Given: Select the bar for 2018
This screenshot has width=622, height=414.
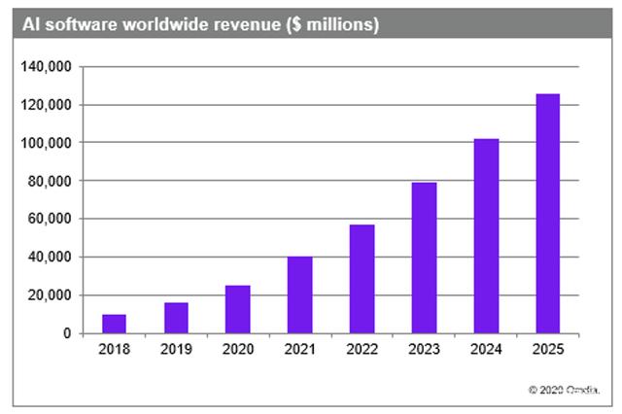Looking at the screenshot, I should click(x=114, y=324).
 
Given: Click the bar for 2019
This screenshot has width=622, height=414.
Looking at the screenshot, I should click(x=176, y=318).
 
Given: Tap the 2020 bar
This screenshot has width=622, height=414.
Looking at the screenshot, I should click(x=237, y=309).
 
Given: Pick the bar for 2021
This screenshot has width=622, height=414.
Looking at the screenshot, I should click(x=299, y=295).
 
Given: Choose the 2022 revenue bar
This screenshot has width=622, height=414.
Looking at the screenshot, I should click(x=362, y=279).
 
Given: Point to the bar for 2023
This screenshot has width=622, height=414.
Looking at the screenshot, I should click(x=424, y=258).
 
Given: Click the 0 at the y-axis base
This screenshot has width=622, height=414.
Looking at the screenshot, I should click(x=67, y=333).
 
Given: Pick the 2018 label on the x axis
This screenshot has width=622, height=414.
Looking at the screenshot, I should click(x=114, y=348).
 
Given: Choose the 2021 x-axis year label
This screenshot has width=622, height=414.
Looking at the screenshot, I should click(x=299, y=348).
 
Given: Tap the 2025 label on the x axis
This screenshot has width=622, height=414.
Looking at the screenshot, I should click(x=548, y=348).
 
